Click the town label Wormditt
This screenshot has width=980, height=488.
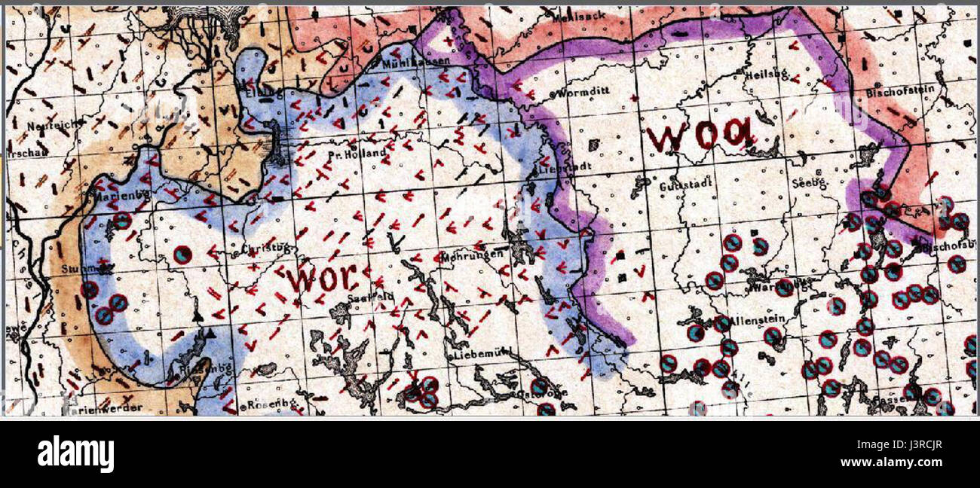tap(582, 94)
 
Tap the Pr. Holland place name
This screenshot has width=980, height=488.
tap(357, 153)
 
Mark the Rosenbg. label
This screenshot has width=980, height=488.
tap(269, 405)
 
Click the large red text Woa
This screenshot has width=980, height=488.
tap(699, 136)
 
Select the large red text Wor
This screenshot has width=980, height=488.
tap(320, 279)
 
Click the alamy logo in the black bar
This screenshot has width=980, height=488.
tap(75, 454)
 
